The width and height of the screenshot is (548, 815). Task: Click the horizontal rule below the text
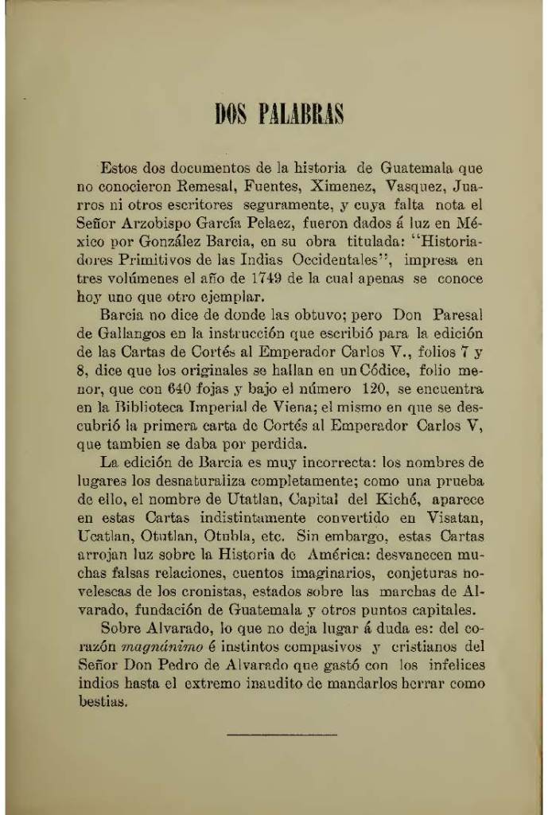[282, 734]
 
